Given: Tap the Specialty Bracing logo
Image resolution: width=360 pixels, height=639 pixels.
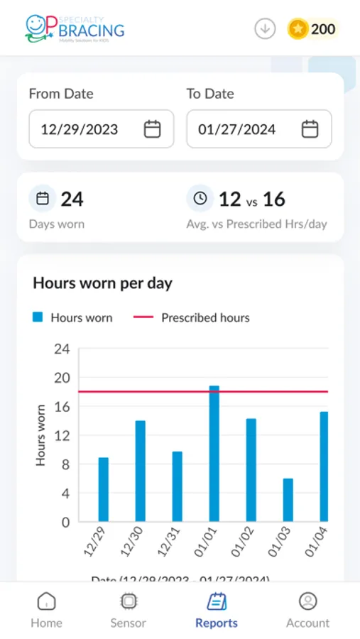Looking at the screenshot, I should tap(74, 28).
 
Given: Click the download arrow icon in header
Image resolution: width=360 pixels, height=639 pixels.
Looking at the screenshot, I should tap(265, 29).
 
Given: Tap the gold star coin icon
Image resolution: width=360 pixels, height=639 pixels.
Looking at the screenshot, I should tap(298, 29).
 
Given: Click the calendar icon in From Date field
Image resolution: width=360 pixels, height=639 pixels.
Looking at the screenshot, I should tap(152, 129).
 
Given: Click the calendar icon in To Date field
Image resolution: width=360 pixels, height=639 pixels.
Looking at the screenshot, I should tap(310, 129).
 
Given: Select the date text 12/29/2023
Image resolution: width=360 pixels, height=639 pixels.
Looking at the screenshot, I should tap(80, 129).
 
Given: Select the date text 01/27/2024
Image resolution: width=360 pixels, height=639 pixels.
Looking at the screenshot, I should tap(237, 129).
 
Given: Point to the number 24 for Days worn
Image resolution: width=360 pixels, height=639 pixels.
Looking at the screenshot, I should tap(72, 200).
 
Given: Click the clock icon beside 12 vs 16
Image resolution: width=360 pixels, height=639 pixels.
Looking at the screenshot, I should tap(200, 199).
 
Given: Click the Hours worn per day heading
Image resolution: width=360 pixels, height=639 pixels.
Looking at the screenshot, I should tap(102, 283).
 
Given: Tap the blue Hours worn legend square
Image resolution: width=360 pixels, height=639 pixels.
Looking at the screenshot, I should tap(38, 317).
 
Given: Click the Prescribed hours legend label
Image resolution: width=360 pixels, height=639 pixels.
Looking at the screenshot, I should tap(205, 317).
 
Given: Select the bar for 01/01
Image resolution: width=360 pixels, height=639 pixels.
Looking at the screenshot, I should tap(214, 454).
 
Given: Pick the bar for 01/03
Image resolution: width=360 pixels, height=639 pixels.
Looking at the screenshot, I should tap(288, 500).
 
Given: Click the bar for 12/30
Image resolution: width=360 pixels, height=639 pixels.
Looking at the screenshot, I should tap(141, 471).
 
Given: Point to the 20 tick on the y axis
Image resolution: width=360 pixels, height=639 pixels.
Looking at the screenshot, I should tap(62, 378).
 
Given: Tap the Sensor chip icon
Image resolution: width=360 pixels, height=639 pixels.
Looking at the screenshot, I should tap(128, 601).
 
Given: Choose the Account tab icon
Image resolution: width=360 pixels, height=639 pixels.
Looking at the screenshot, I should tap(307, 601).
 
